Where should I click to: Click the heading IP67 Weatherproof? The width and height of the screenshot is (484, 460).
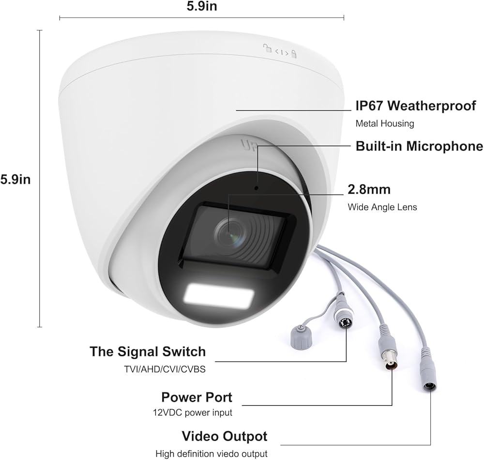[416, 106]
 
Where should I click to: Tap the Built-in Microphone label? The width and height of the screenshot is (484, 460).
[419, 146]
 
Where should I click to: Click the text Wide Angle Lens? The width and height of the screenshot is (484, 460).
[382, 207]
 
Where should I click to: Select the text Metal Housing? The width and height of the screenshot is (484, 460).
[385, 123]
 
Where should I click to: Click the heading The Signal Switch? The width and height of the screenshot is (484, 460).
[148, 352]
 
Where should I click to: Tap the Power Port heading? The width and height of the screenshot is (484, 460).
[197, 398]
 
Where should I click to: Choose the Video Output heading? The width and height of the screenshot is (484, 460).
[224, 436]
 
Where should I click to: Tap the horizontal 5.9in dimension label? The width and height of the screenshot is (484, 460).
[201, 7]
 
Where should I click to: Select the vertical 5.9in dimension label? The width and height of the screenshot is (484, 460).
[15, 179]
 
